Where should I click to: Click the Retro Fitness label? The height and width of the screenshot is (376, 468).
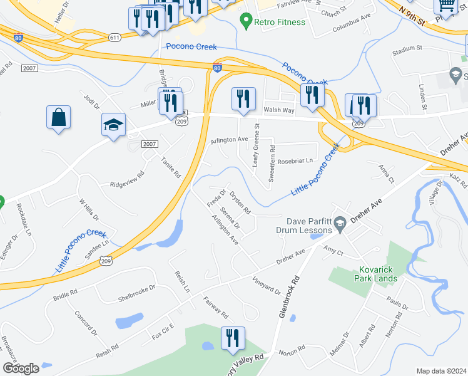point(280,23)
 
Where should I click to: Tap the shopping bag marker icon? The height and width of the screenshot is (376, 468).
point(58,117)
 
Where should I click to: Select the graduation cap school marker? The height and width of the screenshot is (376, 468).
point(114,125)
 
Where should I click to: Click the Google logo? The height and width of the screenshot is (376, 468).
point(21,368)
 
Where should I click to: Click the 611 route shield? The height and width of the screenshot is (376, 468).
point(114,38)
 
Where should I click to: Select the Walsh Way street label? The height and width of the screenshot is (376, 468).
point(278,110)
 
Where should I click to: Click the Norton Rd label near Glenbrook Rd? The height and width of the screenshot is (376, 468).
point(292,348)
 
